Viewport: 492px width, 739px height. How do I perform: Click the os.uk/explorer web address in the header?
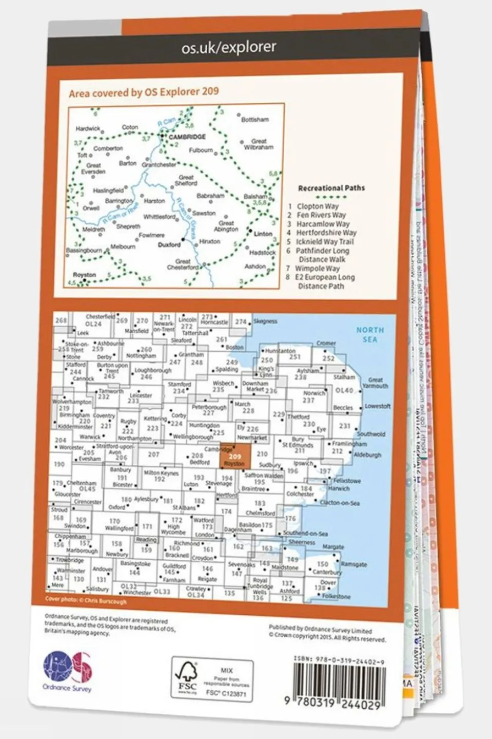coord(229,48)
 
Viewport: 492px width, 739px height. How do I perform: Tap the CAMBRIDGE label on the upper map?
coord(187,137)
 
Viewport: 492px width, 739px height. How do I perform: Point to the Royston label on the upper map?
coord(85,275)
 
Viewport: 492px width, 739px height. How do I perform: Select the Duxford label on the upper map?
coord(169,245)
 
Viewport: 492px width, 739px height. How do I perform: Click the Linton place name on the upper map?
coord(263,234)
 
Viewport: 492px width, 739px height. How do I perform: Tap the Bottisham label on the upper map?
coord(255,120)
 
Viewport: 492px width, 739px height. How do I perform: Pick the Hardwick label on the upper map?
coord(88,129)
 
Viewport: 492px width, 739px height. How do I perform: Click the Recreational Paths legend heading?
coord(331,188)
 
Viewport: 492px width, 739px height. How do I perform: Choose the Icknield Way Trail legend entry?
coord(324,241)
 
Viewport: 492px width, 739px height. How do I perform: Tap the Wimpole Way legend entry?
coord(318,269)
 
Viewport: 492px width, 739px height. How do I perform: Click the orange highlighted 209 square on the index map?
coord(235,457)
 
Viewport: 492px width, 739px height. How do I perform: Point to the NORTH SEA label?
coord(370,334)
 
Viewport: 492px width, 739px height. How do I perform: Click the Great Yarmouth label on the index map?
coord(375,383)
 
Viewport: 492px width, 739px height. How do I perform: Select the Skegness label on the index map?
coord(265,321)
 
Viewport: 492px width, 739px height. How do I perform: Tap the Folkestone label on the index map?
coord(336,596)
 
